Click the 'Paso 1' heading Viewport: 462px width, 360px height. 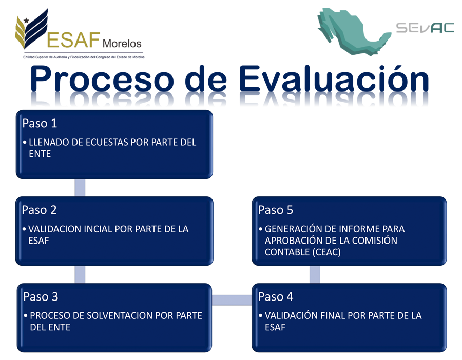point(40,124)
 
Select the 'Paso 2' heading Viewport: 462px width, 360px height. point(39,210)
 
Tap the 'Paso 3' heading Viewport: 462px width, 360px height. point(41,297)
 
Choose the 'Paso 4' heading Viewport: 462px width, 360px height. point(276,297)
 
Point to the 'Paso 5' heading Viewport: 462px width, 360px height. point(276,210)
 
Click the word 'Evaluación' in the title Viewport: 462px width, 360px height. point(334,79)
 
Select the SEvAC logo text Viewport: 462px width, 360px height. point(425,28)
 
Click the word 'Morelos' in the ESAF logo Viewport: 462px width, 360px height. point(122,44)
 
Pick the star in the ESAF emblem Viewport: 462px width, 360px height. point(26,21)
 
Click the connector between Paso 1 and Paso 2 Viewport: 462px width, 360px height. point(80,188)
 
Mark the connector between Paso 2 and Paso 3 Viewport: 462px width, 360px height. point(80,274)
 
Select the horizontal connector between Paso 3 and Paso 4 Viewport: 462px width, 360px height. point(232,300)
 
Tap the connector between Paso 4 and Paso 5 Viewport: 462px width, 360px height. point(315,274)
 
